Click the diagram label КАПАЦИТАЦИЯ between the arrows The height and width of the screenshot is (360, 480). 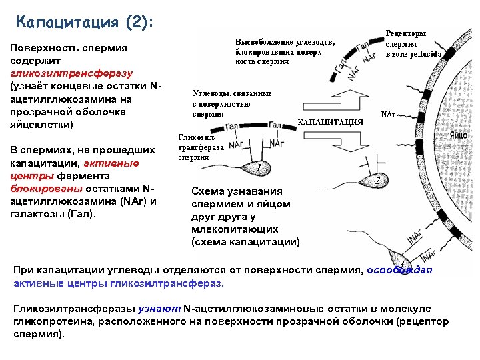click(330, 122)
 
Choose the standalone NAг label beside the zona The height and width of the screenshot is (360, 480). click(388, 114)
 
